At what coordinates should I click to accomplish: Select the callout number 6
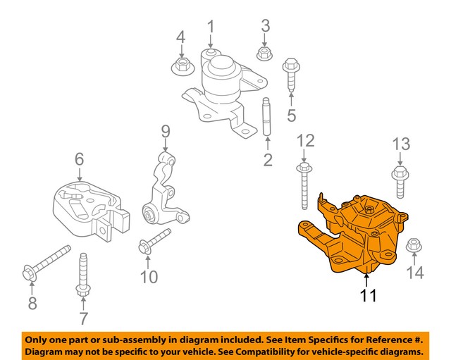80,160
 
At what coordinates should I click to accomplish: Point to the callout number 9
166,131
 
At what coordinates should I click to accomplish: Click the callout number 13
400,145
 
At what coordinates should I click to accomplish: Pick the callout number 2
268,160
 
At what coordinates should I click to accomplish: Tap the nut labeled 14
414,245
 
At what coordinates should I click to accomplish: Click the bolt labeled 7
82,275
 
